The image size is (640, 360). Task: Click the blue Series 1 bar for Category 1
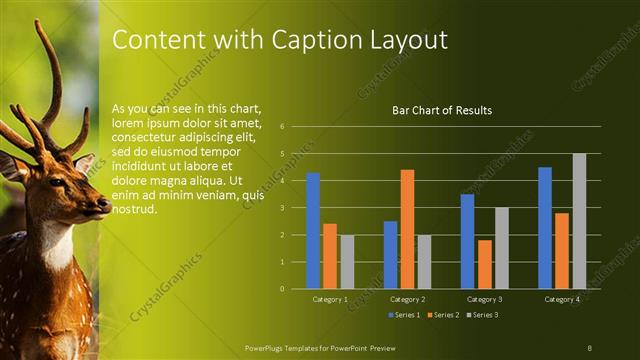(313, 230)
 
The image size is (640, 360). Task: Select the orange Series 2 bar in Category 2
(407, 229)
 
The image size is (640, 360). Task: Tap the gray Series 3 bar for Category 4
(579, 221)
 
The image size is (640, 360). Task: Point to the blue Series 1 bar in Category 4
(545, 228)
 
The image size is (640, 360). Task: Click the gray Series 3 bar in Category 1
(347, 262)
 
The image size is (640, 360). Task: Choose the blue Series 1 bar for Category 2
(390, 255)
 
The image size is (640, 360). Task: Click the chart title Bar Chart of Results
(441, 110)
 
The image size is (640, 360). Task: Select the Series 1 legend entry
(403, 315)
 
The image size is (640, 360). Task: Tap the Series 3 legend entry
(481, 315)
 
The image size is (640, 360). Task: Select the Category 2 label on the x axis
(407, 299)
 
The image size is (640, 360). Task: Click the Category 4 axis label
(562, 299)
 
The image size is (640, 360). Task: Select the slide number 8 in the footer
(590, 346)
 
